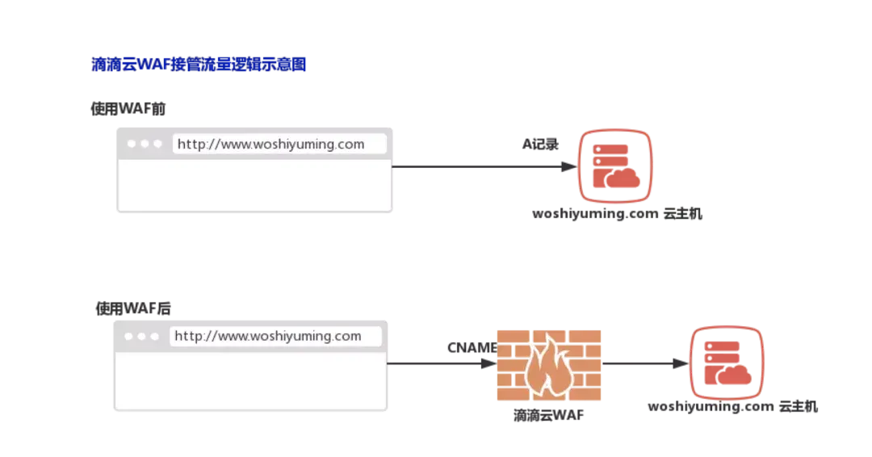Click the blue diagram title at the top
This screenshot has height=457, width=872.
pyautogui.click(x=199, y=65)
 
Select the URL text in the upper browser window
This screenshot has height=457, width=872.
pyautogui.click(x=270, y=145)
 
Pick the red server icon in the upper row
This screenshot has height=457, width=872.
pyautogui.click(x=615, y=166)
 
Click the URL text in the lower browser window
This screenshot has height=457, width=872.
pyautogui.click(x=267, y=336)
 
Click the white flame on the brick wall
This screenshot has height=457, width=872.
pyautogui.click(x=549, y=367)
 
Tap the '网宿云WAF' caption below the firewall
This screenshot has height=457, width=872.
pyautogui.click(x=550, y=417)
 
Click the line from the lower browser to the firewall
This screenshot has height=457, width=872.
pyautogui.click(x=440, y=365)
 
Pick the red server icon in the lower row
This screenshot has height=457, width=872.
pyautogui.click(x=725, y=363)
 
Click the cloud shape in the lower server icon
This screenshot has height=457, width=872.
pyautogui.click(x=736, y=374)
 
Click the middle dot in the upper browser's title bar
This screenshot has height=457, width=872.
pyautogui.click(x=145, y=144)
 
